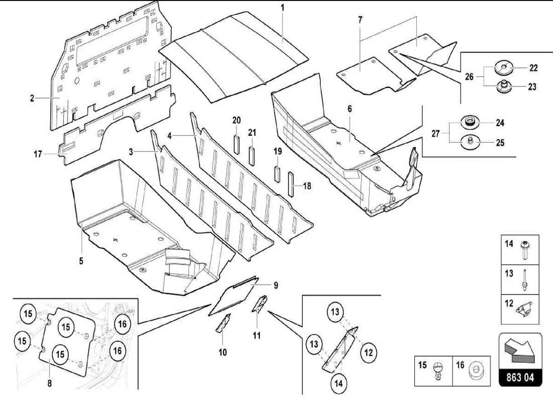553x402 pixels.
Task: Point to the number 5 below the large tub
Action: [81, 261]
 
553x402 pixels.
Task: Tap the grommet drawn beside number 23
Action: [503, 86]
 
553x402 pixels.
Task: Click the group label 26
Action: [470, 77]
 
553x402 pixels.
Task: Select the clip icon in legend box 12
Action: [525, 308]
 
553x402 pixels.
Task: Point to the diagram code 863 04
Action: [520, 377]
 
